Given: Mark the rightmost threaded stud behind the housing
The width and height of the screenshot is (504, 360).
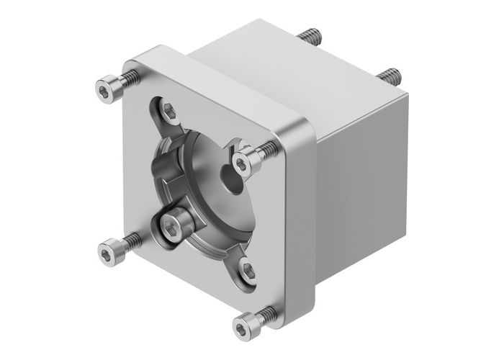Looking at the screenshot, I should click(x=390, y=75).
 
